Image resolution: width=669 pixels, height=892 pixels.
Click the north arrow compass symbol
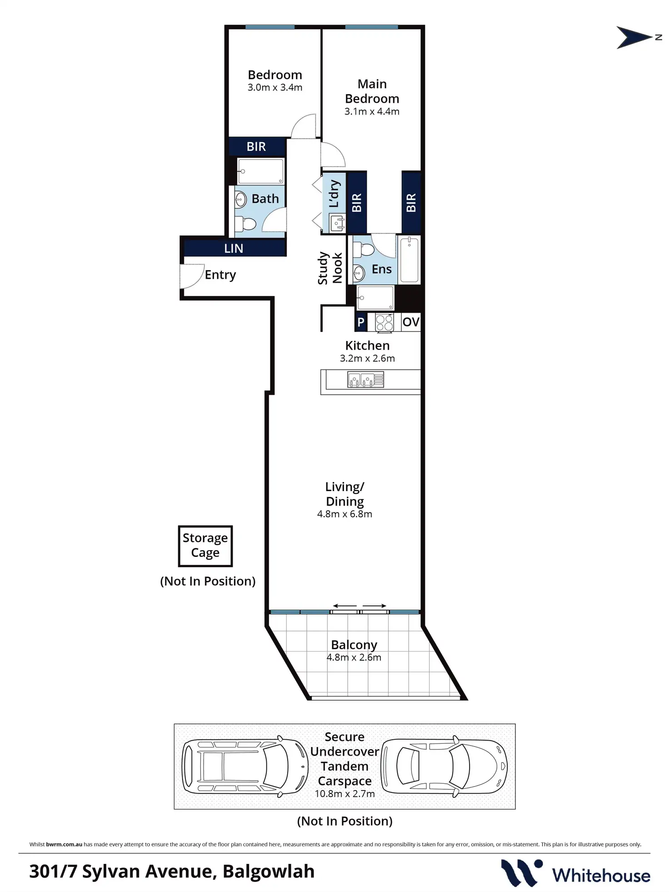(634, 37)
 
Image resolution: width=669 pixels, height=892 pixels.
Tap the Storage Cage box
(205, 546)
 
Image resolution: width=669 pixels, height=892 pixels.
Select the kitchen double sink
(366, 380)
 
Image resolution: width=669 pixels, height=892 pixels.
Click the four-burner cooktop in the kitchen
(384, 322)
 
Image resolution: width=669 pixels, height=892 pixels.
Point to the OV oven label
(411, 322)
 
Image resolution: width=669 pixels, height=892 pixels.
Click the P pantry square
(361, 322)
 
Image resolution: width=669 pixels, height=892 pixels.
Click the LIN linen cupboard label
(234, 249)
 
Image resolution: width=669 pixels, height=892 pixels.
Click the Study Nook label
(330, 268)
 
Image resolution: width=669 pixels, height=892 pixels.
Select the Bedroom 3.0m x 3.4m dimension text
(275, 87)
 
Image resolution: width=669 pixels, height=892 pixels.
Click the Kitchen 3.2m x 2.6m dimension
(367, 358)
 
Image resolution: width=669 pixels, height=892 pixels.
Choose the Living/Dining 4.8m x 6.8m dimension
(344, 514)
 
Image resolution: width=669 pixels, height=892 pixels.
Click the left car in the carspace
(245, 767)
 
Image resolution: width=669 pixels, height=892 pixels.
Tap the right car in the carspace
(444, 767)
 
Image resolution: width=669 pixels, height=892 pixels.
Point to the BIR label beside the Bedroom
(256, 147)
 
